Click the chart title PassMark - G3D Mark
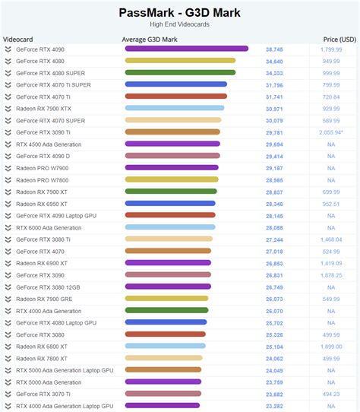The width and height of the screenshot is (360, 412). point(179,12)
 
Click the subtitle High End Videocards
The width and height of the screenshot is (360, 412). point(179,24)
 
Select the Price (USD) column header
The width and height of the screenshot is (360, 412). point(338,38)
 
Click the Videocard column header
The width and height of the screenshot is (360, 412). point(17,38)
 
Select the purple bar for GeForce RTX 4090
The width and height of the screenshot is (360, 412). point(186,49)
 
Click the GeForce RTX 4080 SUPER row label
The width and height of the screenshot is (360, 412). point(51,72)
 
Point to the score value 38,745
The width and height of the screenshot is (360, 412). point(274,49)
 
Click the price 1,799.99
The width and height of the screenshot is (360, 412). point(331,49)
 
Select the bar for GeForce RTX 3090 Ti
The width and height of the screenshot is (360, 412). point(172,132)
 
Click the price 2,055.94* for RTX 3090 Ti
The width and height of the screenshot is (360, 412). point(331,132)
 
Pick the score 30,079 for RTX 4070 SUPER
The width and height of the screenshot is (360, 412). point(274,120)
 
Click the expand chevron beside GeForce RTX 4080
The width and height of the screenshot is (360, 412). point(8,61)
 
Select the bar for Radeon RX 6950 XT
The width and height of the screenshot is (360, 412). point(170,204)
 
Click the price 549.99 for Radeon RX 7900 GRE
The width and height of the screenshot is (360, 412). point(331,299)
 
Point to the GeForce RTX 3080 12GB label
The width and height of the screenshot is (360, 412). point(49,287)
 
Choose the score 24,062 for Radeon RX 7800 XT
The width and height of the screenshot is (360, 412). point(274,358)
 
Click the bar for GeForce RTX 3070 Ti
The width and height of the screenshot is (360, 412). point(163,394)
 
